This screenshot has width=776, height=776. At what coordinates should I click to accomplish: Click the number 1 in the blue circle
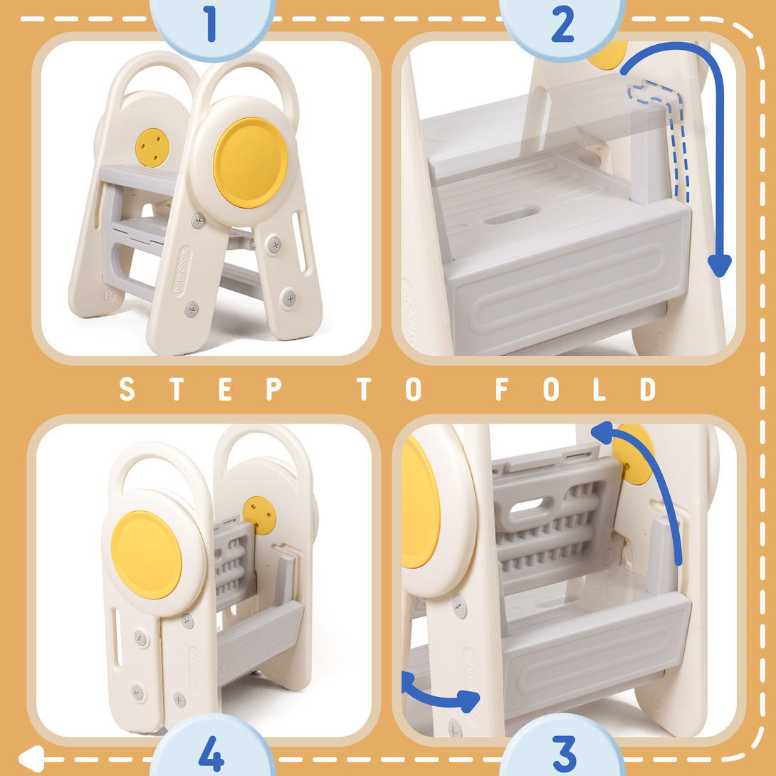[211, 23]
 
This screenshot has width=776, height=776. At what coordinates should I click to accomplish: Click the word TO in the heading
[389, 389]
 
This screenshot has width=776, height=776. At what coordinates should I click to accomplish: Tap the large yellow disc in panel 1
[251, 162]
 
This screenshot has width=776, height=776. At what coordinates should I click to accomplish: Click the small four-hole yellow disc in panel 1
[152, 147]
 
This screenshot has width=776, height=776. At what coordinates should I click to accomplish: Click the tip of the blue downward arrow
[720, 269]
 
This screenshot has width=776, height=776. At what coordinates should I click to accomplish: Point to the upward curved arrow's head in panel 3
[602, 431]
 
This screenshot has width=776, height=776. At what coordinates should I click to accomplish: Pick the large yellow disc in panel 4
[146, 555]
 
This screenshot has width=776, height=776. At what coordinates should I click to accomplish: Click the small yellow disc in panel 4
[259, 515]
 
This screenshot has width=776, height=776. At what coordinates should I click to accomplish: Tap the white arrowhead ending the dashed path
[28, 758]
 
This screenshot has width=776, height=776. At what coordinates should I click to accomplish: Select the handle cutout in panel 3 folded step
[528, 506]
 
